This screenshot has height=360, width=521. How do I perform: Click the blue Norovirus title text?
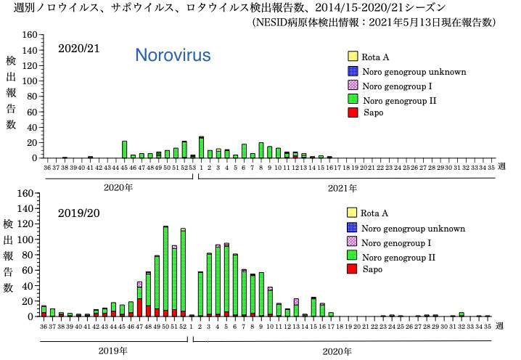coord(173,56)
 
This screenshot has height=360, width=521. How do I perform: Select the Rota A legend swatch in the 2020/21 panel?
coord(353,57)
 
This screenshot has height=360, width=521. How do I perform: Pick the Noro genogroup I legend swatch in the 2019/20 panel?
coord(353,241)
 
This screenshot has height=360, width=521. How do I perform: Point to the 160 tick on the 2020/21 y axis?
coord(28,35)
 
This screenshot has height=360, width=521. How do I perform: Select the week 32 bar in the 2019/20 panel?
coord(461,314)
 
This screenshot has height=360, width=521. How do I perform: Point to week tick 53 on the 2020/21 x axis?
coord(192,167)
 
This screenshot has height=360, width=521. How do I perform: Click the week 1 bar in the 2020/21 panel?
coord(201,147)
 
